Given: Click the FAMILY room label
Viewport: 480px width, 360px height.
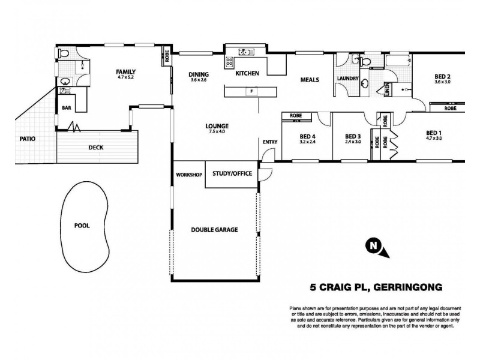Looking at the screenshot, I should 125,71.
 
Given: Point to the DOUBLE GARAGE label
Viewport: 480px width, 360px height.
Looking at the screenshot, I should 214,229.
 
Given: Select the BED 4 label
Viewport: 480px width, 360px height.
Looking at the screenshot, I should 307,136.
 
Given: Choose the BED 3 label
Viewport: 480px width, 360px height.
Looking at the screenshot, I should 353,136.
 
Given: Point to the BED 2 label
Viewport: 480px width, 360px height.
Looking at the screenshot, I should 442,76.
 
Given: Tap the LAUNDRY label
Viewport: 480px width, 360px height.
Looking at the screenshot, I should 347,79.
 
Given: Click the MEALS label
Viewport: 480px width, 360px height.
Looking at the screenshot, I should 310,80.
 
